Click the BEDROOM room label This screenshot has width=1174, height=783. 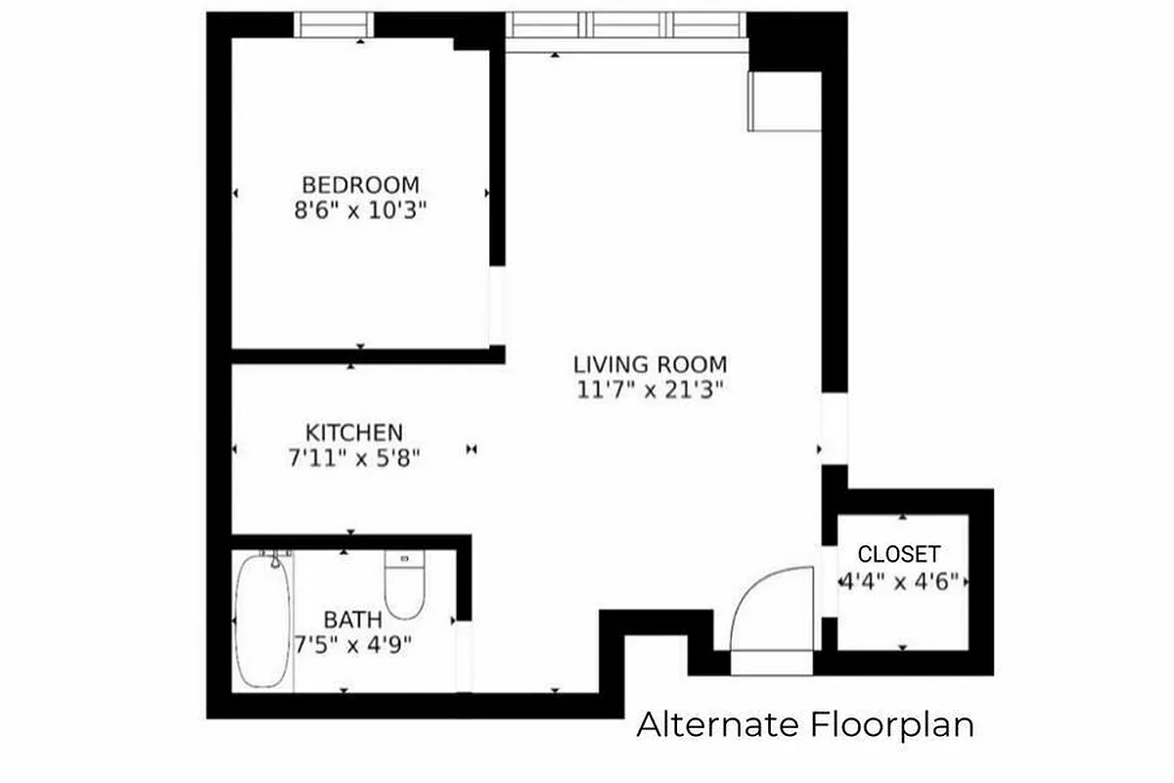(x=360, y=184)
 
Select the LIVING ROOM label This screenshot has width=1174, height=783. (x=650, y=364)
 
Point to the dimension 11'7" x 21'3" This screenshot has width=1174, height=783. (x=650, y=390)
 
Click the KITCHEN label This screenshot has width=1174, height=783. (x=353, y=433)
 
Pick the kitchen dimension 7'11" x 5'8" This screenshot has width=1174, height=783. (x=353, y=458)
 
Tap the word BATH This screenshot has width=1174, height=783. (x=353, y=620)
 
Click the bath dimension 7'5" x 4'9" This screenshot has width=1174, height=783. (x=353, y=644)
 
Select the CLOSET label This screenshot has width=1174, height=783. (x=899, y=554)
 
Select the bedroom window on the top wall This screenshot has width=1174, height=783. (x=334, y=24)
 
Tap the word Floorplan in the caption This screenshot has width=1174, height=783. (x=891, y=725)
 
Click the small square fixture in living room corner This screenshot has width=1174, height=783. (x=783, y=101)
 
